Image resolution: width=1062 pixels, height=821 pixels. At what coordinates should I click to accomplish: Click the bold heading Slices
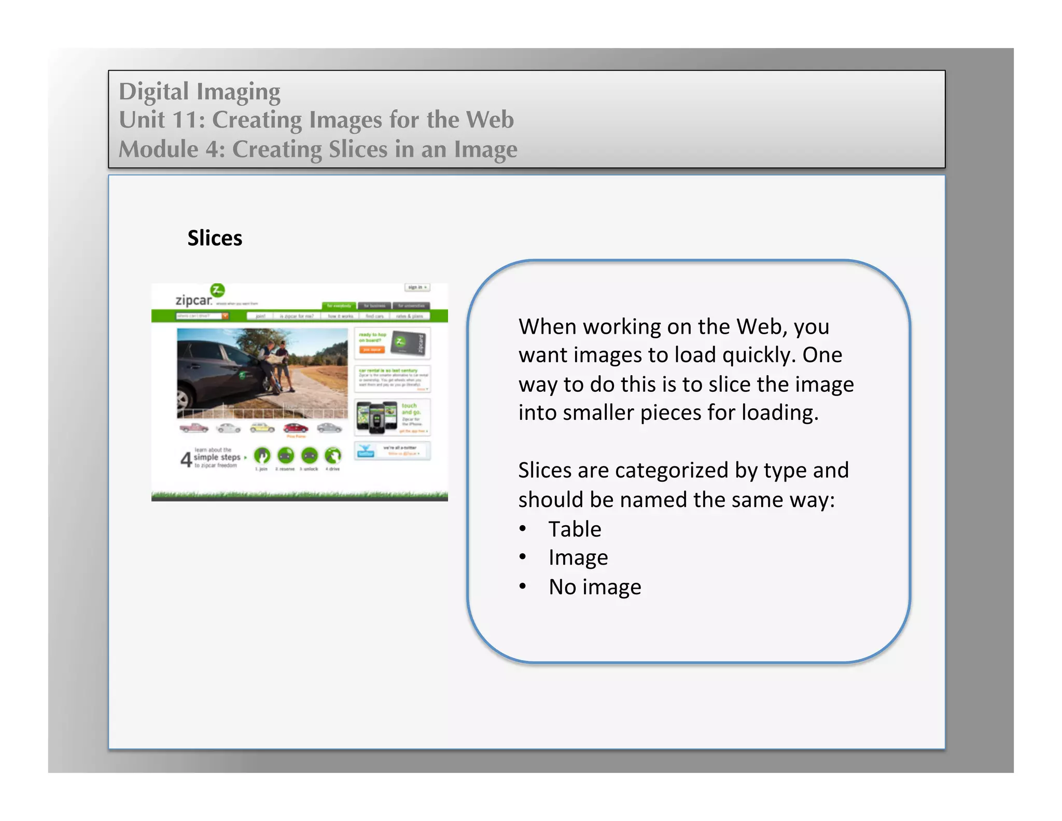pos(215,238)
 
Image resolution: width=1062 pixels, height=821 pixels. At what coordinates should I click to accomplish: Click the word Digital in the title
pos(153,91)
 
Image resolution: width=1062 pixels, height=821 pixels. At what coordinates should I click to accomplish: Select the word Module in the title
pos(159,149)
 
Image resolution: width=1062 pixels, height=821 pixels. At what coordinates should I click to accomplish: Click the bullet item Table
pos(575,529)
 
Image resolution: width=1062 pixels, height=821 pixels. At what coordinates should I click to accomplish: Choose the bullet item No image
pos(595,587)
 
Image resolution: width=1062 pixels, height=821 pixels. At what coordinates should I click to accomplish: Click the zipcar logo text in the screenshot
pos(193,300)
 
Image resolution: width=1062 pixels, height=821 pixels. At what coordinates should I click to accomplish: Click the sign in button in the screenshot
pos(417,287)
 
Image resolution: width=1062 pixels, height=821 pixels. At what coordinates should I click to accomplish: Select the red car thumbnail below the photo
pos(296,428)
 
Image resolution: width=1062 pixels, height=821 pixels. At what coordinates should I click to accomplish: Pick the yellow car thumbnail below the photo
pos(262,428)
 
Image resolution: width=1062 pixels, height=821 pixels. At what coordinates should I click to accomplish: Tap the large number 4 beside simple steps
pos(186,459)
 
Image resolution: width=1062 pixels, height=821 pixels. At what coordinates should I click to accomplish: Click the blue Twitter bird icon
pos(366,450)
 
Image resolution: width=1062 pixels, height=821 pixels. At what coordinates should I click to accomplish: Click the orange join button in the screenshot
pos(372,350)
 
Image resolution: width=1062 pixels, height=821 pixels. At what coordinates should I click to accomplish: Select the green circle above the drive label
pos(333,456)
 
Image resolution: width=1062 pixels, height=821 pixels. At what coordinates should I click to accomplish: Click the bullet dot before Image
pos(523,557)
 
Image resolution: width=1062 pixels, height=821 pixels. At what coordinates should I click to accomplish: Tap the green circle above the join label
pos(262,456)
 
